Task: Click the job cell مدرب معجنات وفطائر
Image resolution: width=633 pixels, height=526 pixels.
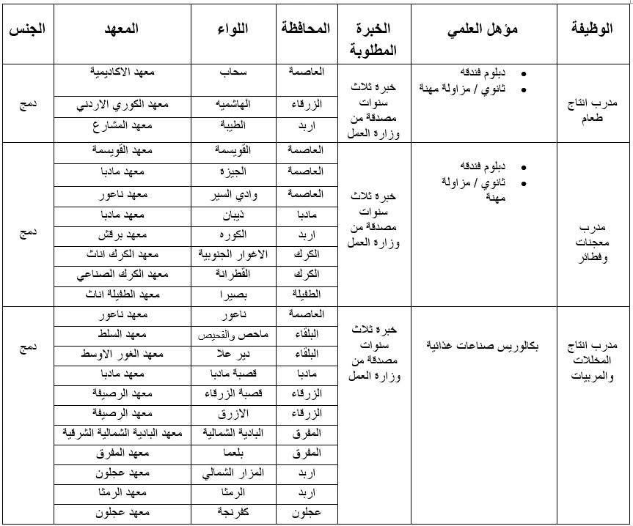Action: (x=592, y=242)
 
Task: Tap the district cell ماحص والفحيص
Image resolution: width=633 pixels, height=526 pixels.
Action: (x=234, y=335)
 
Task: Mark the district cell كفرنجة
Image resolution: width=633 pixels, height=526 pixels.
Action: (x=234, y=513)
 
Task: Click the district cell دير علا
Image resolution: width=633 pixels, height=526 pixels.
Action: (x=234, y=355)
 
